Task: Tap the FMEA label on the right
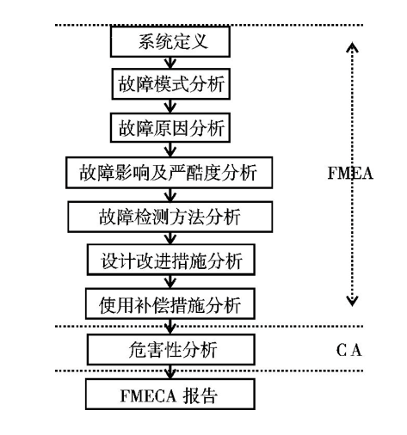point(351,171)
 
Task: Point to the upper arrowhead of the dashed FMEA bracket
point(351,48)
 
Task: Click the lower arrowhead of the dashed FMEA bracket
point(351,300)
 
